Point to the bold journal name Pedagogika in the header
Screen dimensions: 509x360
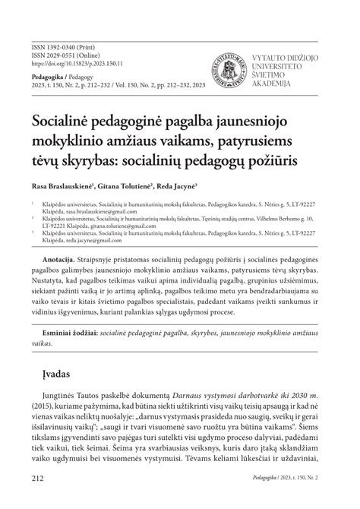[x=47, y=77]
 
